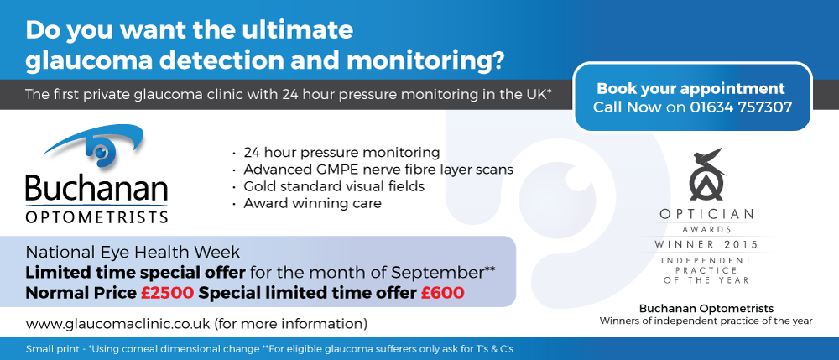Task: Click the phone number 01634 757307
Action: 741,107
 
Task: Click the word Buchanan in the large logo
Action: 96,190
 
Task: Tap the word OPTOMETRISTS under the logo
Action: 96,217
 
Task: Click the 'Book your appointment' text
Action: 690,89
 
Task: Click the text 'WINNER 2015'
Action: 706,245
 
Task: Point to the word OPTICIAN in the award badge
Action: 706,215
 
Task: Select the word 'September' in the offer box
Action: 436,273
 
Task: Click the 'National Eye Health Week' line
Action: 133,252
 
